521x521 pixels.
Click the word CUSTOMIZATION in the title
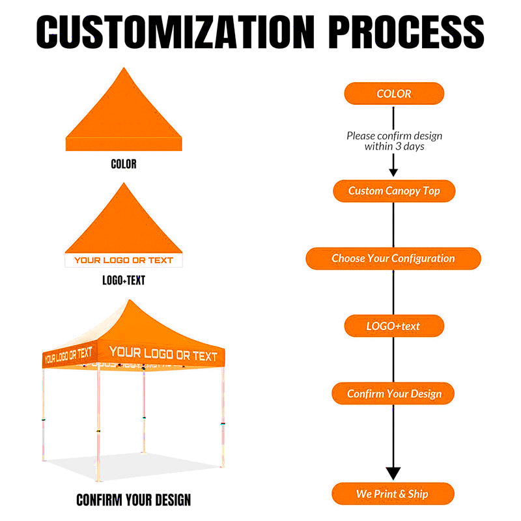[x=175, y=32]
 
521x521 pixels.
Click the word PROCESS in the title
[x=406, y=32]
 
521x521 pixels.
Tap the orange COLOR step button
[x=394, y=93]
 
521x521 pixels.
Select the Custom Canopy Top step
[x=394, y=191]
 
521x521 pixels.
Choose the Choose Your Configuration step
[x=393, y=258]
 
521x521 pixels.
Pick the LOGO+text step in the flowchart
[x=394, y=326]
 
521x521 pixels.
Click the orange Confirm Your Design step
[x=393, y=393]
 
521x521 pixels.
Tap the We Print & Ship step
[x=393, y=494]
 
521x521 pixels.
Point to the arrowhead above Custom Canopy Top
[x=393, y=173]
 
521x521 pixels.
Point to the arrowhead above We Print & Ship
[x=393, y=473]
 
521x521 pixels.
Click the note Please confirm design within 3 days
[x=395, y=141]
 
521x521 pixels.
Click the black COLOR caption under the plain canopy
[x=124, y=164]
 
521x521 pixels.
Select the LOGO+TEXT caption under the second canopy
[x=124, y=280]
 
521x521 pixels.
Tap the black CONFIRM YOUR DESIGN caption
[x=134, y=500]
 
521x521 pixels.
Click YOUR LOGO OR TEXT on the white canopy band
[x=124, y=260]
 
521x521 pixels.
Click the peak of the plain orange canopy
[x=124, y=68]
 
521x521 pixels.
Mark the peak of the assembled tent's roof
[x=130, y=300]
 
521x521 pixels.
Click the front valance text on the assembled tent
[x=163, y=354]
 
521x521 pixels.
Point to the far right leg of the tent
[x=223, y=417]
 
